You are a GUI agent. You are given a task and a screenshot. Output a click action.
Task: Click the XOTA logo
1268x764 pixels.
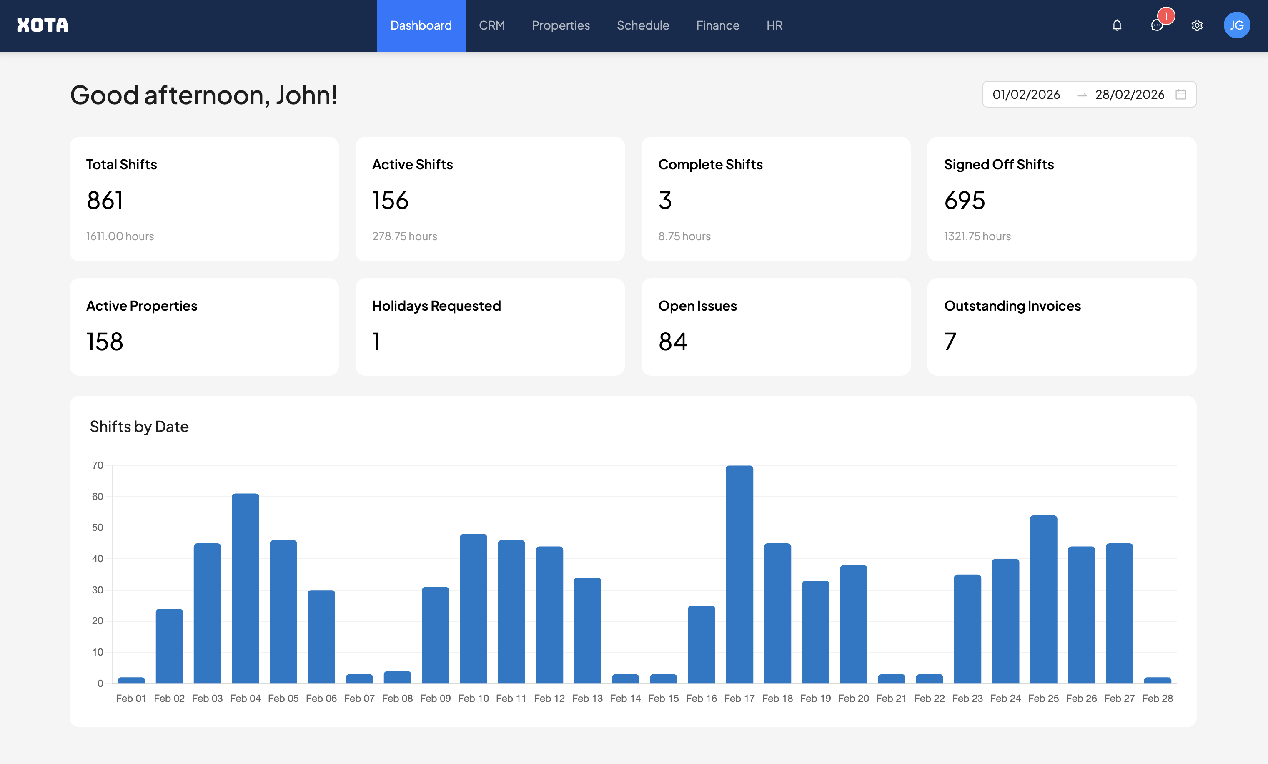(x=42, y=25)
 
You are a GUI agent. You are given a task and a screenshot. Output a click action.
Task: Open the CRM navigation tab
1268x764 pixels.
(x=491, y=25)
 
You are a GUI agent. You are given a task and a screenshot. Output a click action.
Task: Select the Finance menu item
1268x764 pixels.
(x=717, y=25)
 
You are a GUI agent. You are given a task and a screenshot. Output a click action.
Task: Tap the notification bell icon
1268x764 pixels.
(x=1117, y=25)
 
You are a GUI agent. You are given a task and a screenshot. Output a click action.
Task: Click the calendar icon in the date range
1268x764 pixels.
(x=1180, y=94)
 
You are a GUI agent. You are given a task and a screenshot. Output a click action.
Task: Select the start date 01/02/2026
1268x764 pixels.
(x=1026, y=94)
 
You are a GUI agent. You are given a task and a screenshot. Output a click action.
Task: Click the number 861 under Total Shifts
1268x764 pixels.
(x=105, y=200)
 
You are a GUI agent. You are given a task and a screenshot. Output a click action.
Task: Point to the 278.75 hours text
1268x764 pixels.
(x=404, y=236)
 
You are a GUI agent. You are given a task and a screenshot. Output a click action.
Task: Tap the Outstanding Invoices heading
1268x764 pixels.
(x=1012, y=306)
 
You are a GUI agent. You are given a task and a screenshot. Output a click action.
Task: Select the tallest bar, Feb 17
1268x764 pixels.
(x=739, y=574)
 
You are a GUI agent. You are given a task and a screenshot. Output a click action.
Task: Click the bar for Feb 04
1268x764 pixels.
(x=245, y=588)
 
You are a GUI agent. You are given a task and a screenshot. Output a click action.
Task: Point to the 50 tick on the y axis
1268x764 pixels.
(x=97, y=528)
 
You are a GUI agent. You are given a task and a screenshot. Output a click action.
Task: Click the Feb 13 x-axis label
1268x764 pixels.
(x=587, y=699)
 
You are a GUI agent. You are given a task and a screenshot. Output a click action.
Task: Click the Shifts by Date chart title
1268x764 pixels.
(x=139, y=426)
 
